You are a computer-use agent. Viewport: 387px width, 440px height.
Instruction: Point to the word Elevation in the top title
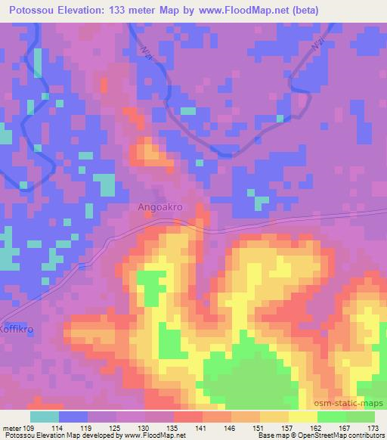[x=83, y=11]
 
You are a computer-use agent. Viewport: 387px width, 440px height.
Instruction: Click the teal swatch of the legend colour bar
[x=45, y=417]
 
